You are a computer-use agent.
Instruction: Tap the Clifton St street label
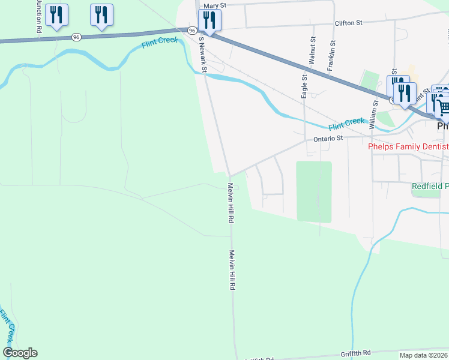pyautogui.click(x=349, y=23)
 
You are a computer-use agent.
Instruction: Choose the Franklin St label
pyautogui.click(x=330, y=56)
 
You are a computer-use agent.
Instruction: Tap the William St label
pyautogui.click(x=373, y=114)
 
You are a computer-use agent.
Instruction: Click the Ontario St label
pyautogui.click(x=328, y=138)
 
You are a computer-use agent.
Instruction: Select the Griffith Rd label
pyautogui.click(x=356, y=353)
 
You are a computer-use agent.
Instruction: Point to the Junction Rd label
pyautogui.click(x=38, y=16)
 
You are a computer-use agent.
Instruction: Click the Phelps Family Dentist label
pyautogui.click(x=408, y=146)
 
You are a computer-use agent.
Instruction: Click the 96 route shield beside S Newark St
pyautogui.click(x=191, y=30)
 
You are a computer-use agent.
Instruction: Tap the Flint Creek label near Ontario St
pyautogui.click(x=346, y=124)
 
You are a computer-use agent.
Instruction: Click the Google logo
pyautogui.click(x=20, y=353)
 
